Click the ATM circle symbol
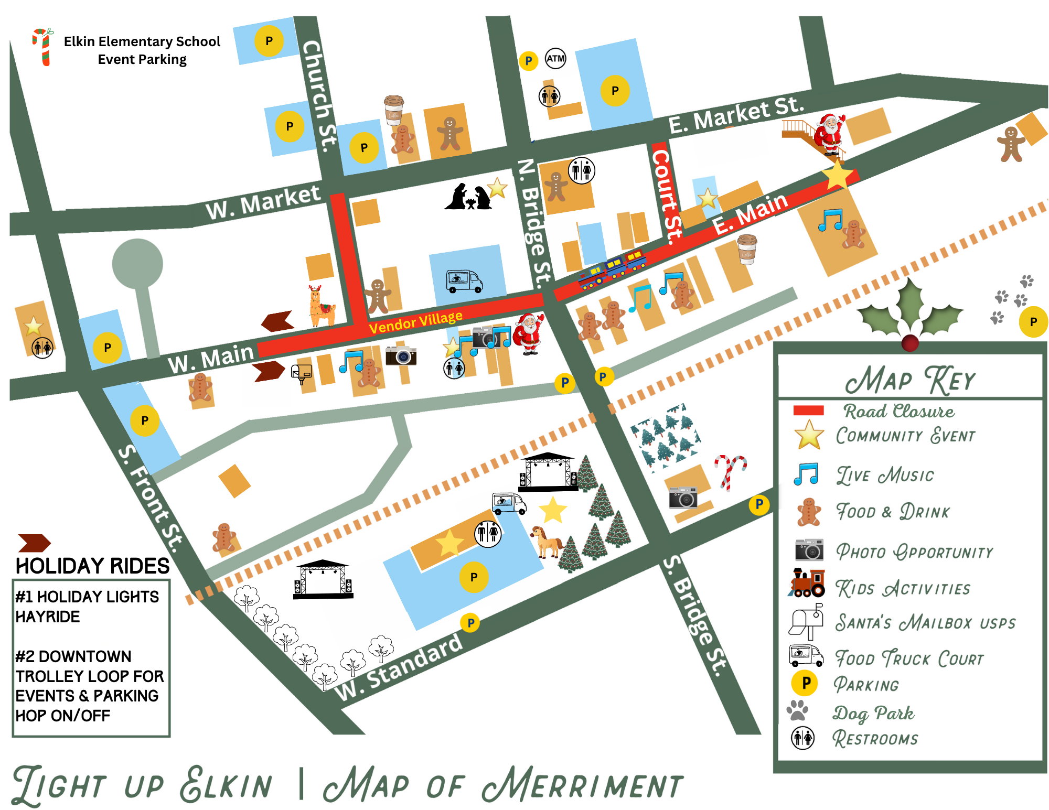click(555, 58)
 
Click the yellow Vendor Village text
click(415, 321)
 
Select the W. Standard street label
click(399, 667)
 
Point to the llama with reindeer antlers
click(321, 306)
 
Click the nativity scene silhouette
click(468, 197)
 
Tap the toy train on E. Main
click(612, 270)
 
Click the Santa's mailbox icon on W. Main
click(301, 374)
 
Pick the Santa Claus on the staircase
click(829, 134)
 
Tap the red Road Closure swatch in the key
click(808, 411)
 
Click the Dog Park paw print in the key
click(798, 710)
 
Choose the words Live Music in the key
click(885, 476)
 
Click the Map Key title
click(910, 380)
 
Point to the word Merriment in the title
click(583, 785)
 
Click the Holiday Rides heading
click(92, 566)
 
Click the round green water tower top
click(137, 263)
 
